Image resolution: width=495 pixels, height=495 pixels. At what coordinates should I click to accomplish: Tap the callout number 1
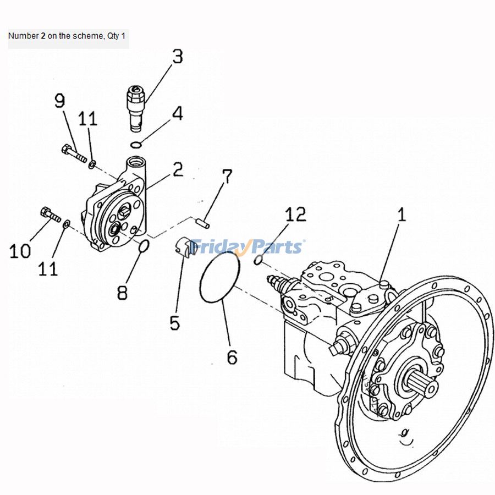(402, 214)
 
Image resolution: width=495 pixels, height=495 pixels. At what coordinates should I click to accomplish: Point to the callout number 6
(232, 357)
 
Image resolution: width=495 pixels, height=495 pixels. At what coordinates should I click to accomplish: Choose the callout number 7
(227, 177)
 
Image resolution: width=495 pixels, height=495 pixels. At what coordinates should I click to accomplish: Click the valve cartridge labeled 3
(135, 108)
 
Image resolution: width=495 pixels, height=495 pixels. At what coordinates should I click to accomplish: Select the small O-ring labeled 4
(136, 145)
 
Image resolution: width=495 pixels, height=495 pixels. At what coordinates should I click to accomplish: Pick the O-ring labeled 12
(258, 260)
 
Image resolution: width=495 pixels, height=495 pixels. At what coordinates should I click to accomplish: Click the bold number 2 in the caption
(43, 36)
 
